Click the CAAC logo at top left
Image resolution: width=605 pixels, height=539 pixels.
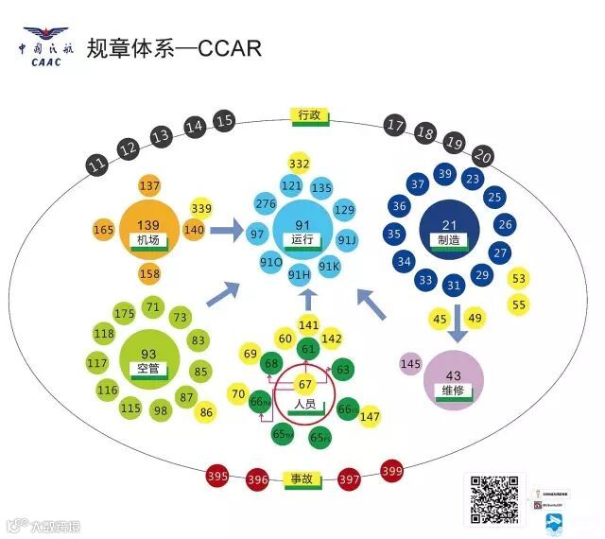[x=46, y=48]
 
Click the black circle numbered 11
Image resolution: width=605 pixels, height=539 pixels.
[x=96, y=165]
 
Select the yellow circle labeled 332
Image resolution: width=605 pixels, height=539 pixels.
[x=300, y=165]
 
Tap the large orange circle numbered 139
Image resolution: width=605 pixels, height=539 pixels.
[x=147, y=229]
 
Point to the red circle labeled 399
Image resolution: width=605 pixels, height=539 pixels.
[x=391, y=470]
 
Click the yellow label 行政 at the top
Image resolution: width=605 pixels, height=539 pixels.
[x=310, y=116]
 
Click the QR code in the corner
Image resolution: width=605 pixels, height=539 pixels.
[x=493, y=500]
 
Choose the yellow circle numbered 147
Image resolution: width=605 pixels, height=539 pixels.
[x=370, y=417]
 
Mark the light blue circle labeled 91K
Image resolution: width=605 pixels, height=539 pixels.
[x=328, y=266]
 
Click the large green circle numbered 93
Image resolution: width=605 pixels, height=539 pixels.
[x=148, y=359]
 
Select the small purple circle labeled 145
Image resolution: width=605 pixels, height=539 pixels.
[x=410, y=364]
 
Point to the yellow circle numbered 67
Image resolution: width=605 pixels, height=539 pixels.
[x=304, y=385]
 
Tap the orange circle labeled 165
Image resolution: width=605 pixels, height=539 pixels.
[x=103, y=230]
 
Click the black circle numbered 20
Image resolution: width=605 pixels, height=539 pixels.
[x=483, y=156]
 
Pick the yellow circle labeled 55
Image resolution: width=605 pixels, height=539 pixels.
[x=519, y=304]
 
